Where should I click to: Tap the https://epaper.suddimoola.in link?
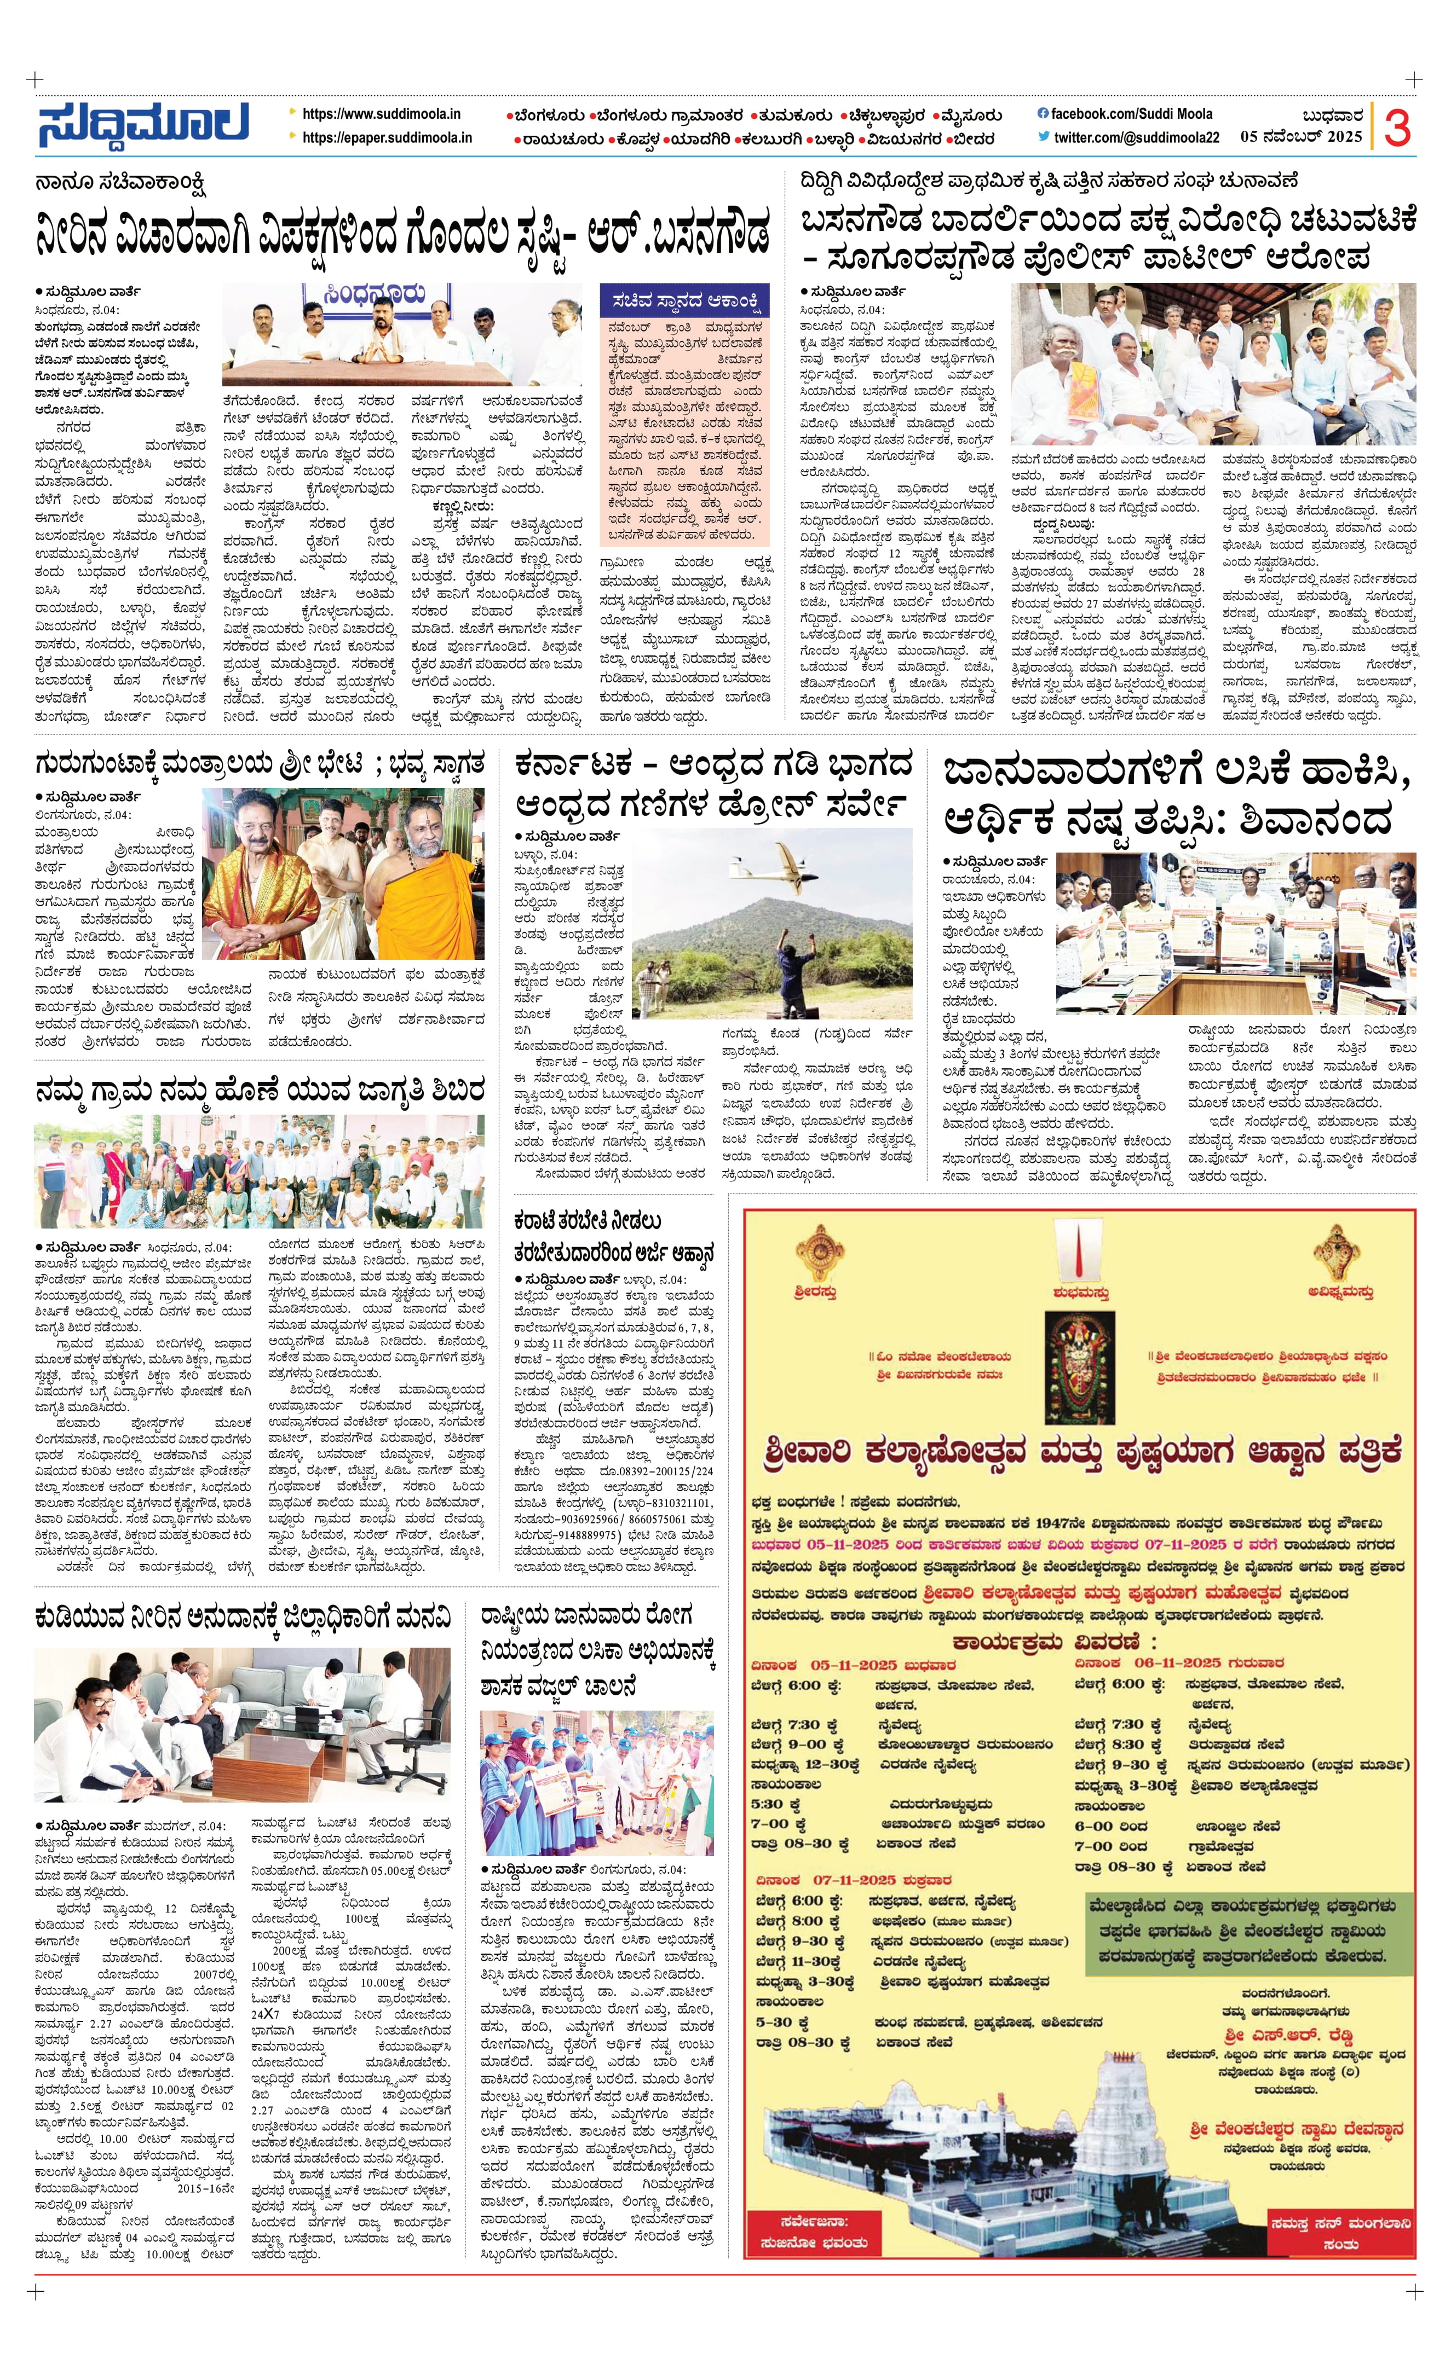point(387,137)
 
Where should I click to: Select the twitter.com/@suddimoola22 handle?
point(1136,137)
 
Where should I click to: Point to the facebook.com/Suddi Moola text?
point(1131,113)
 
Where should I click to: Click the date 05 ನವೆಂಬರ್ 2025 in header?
point(1301,137)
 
